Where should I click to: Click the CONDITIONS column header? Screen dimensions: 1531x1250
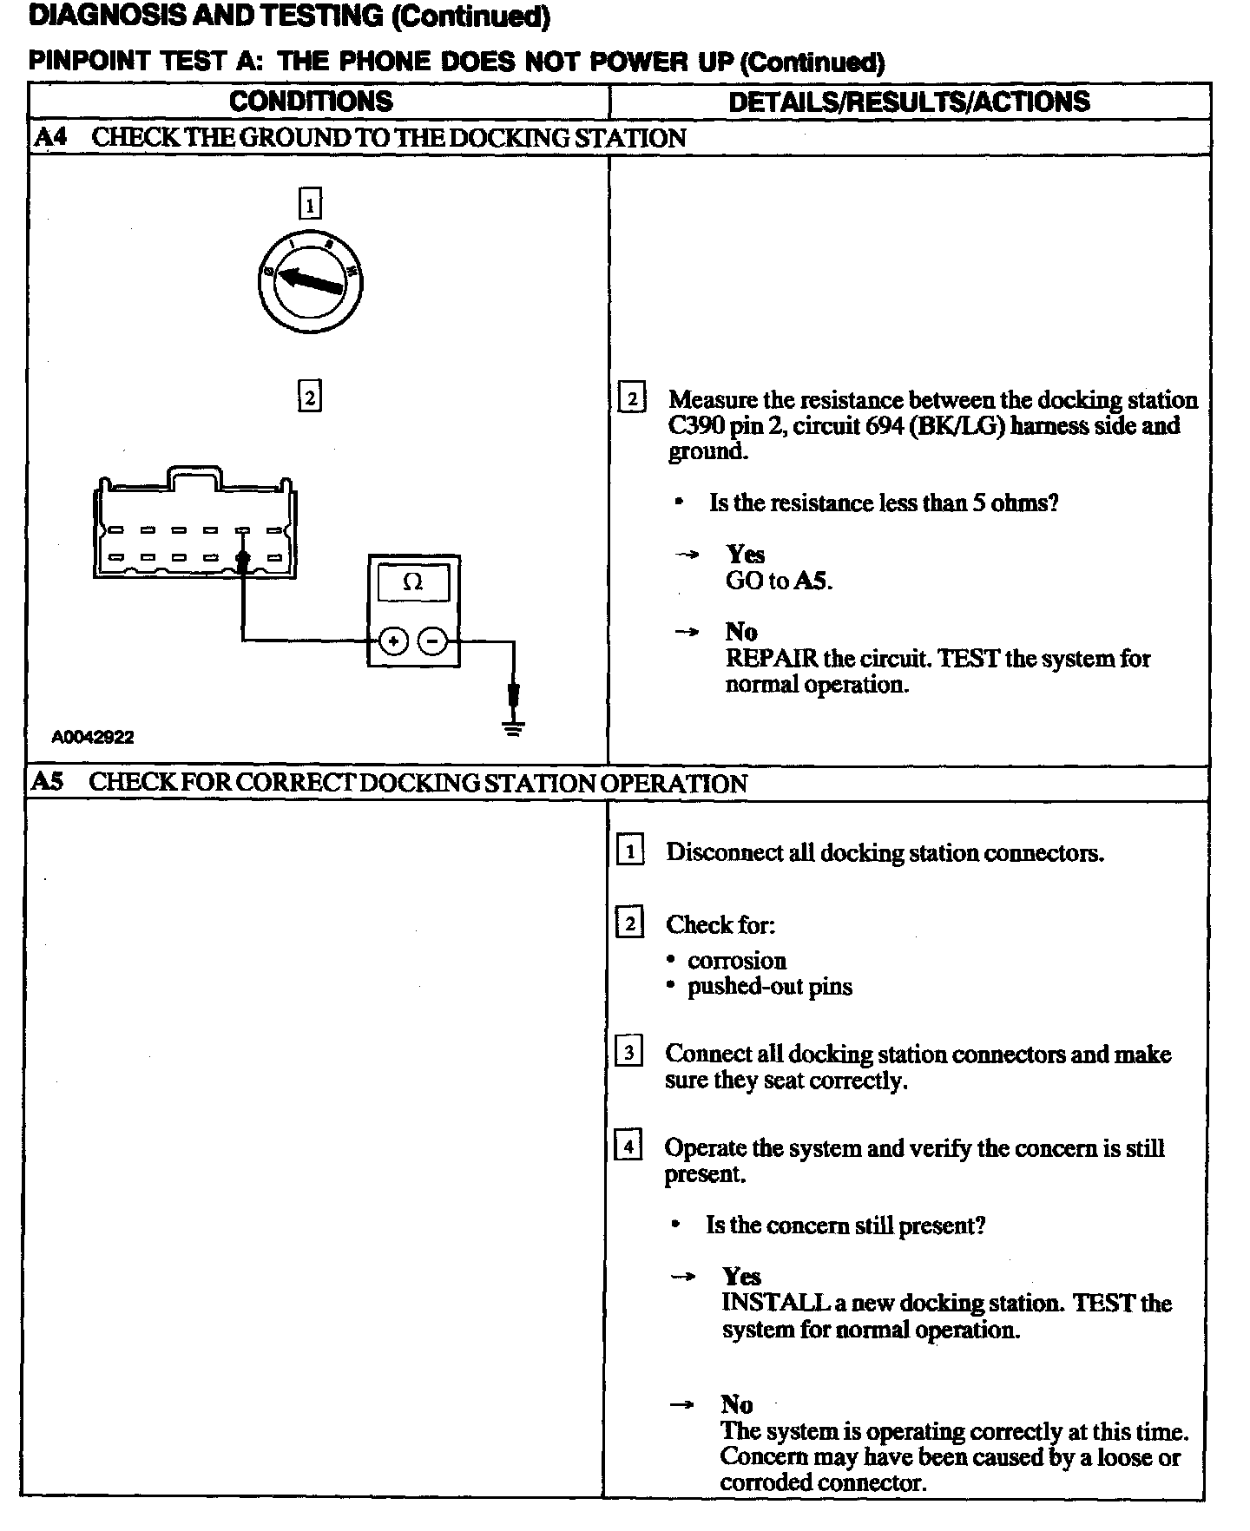[311, 102]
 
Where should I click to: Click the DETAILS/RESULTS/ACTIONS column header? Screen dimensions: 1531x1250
[909, 102]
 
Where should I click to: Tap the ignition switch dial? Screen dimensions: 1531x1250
[311, 281]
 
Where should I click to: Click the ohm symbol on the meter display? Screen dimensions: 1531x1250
[413, 582]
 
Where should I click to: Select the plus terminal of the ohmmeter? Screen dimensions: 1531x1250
[393, 642]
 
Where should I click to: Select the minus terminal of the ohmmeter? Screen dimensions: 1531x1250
[432, 642]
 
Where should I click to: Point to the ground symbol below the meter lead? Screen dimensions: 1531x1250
[514, 727]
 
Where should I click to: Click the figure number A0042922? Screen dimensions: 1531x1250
[93, 738]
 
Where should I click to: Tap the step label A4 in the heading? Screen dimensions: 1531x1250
[50, 138]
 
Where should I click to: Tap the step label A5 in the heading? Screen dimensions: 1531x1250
[48, 783]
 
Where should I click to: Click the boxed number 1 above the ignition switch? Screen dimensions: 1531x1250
[310, 205]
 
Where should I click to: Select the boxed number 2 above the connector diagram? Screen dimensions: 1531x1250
[310, 397]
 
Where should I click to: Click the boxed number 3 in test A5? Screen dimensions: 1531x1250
[628, 1053]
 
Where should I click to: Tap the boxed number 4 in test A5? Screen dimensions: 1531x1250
[628, 1147]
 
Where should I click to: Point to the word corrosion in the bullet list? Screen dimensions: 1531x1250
[737, 961]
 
